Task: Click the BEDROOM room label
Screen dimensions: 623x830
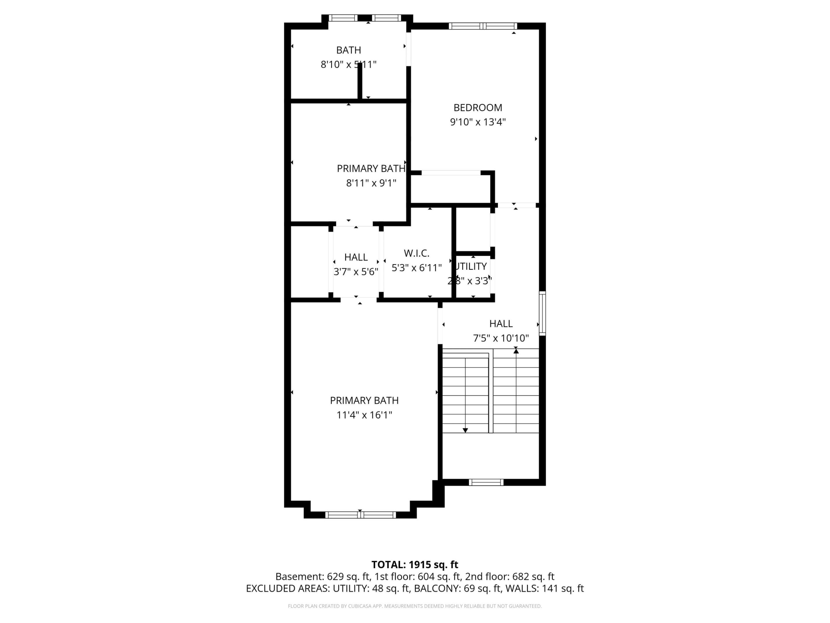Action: tap(478, 108)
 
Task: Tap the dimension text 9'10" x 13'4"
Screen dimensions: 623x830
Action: tap(478, 122)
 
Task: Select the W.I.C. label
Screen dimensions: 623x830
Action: tap(416, 253)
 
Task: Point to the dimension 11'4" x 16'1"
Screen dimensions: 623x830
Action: tap(364, 415)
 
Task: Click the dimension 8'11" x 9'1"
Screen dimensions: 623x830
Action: tap(371, 183)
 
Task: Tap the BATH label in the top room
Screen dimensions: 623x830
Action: tap(348, 50)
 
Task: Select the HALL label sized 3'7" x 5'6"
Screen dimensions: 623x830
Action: tap(356, 257)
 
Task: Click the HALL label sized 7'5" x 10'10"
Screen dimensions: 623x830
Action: tap(501, 324)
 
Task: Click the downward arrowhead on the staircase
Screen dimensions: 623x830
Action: tap(465, 430)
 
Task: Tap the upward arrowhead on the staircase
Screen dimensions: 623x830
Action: tap(516, 351)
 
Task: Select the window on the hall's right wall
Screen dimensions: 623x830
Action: tap(542, 313)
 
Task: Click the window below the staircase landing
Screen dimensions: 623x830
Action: tap(486, 483)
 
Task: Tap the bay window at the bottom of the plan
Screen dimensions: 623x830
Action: tap(360, 515)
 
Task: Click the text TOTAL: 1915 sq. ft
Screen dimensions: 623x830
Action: tap(415, 564)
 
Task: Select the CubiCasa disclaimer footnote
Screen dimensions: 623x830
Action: tap(415, 606)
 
